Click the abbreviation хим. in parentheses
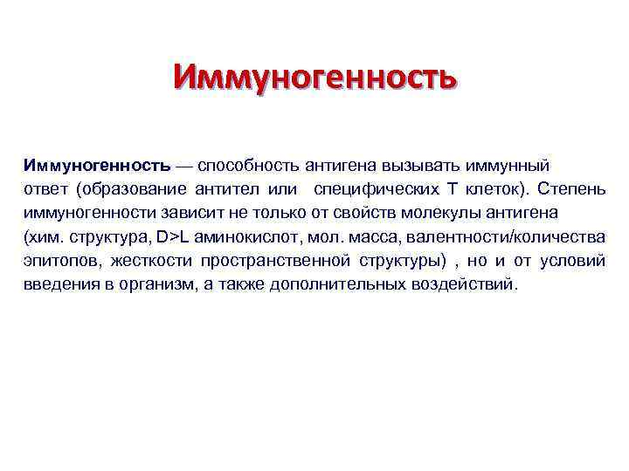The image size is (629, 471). pos(43,237)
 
